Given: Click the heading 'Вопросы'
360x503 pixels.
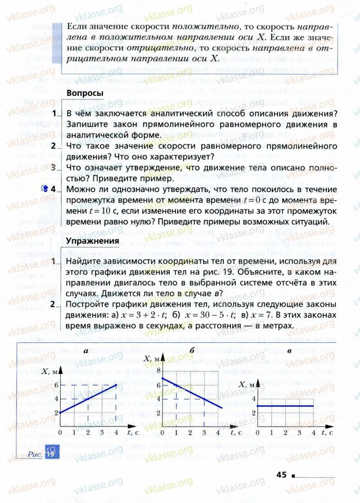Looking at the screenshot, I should click(x=85, y=93).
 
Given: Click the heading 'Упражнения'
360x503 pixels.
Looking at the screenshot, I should click(x=92, y=241).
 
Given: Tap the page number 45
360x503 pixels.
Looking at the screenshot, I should click(x=282, y=475).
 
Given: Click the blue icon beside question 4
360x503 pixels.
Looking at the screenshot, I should click(x=44, y=189).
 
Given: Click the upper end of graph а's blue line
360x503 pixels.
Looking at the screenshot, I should click(x=116, y=385).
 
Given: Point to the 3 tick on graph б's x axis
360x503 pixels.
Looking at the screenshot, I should click(x=204, y=433).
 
